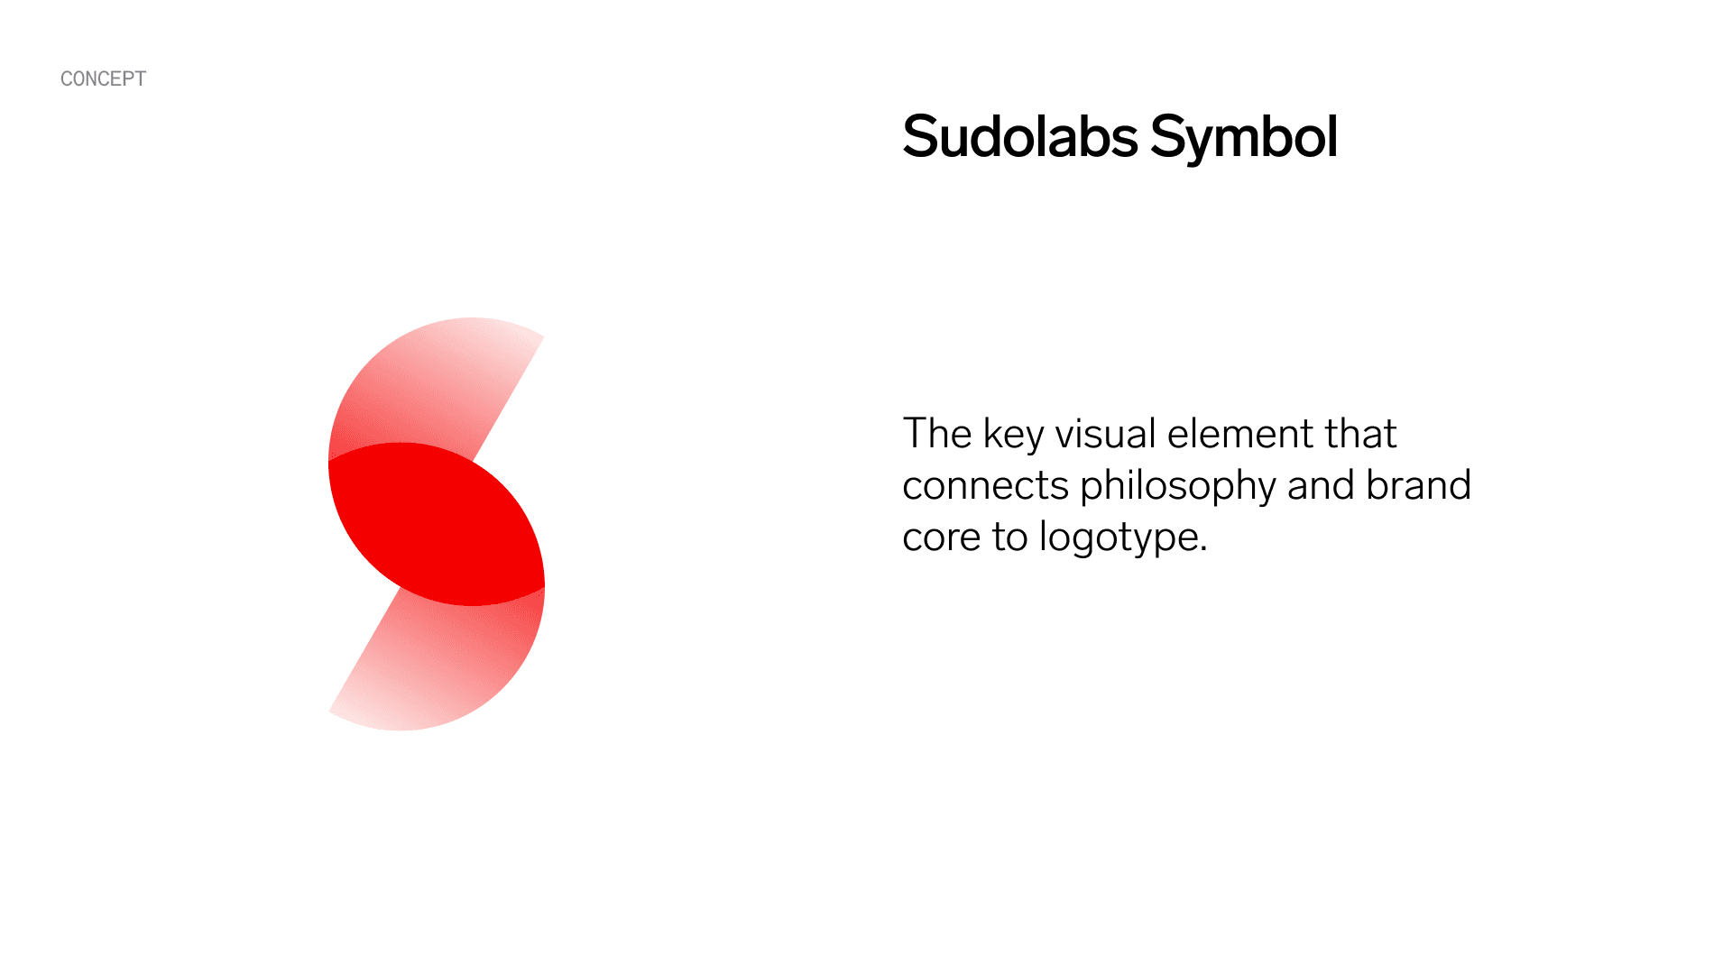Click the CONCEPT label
pos(103,79)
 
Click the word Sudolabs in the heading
pos(1020,137)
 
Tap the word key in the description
pos(1014,435)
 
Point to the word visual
pos(1106,434)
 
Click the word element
pos(1240,434)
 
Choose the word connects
pos(985,486)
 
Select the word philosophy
pos(1178,487)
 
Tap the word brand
pos(1419,485)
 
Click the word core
pos(941,538)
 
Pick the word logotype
pos(1123,538)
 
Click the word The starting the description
pos(937,434)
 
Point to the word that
pos(1360,434)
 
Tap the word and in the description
pos(1321,485)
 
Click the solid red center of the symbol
pos(437,524)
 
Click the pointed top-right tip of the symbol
pos(543,336)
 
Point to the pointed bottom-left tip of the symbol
pos(329,712)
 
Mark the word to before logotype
pos(1009,538)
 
